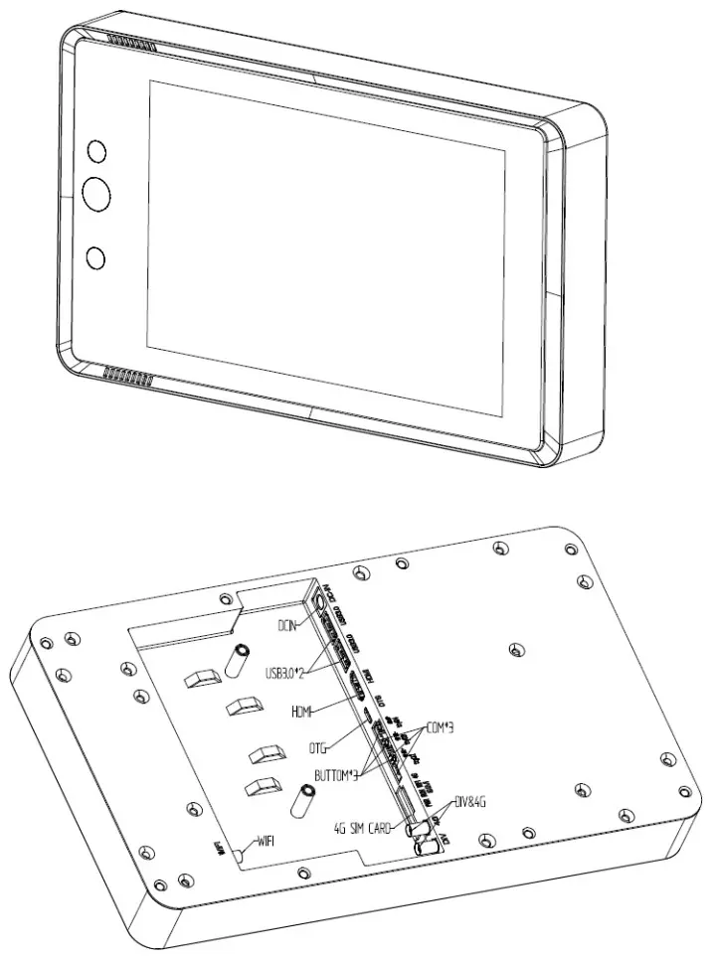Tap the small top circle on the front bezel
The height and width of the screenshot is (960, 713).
click(x=96, y=150)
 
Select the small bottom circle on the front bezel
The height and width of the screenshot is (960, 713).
click(x=95, y=257)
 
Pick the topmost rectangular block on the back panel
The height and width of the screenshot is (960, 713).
click(x=201, y=677)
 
